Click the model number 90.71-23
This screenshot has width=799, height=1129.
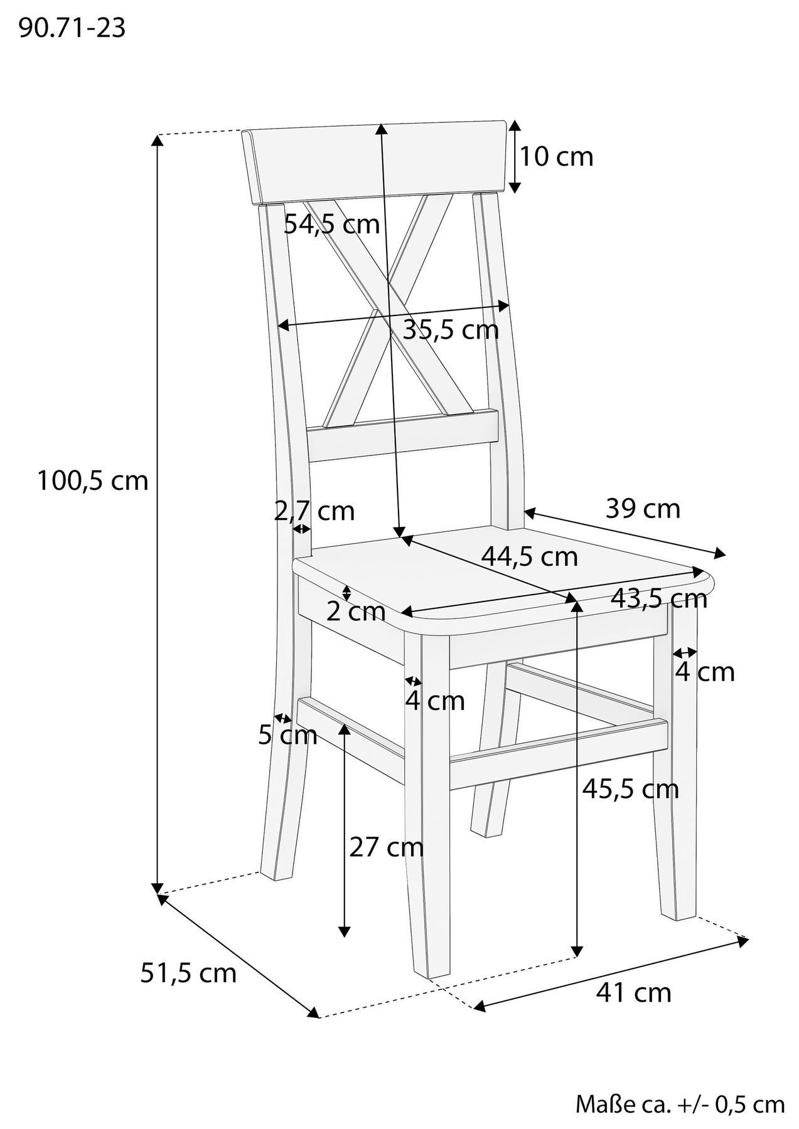(x=72, y=28)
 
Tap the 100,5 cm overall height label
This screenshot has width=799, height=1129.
(x=93, y=481)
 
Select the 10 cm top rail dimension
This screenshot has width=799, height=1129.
(x=556, y=156)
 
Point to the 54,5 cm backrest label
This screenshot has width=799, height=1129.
(x=331, y=224)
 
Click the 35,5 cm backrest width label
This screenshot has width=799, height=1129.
(x=451, y=330)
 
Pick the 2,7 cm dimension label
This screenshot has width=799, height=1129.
(x=314, y=511)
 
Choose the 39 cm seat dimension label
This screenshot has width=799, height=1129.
(x=643, y=509)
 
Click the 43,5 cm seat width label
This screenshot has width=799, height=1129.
(x=659, y=599)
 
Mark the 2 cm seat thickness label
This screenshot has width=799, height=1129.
(x=356, y=612)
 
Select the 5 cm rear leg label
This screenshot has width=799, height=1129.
(x=287, y=735)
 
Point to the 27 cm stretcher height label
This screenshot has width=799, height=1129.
(x=386, y=848)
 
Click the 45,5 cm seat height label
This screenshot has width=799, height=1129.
(x=630, y=788)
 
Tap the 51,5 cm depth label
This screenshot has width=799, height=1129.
(x=188, y=973)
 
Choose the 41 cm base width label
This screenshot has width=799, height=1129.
(x=633, y=992)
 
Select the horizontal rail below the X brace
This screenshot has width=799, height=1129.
(x=402, y=437)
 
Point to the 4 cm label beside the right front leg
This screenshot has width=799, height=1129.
(x=704, y=672)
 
